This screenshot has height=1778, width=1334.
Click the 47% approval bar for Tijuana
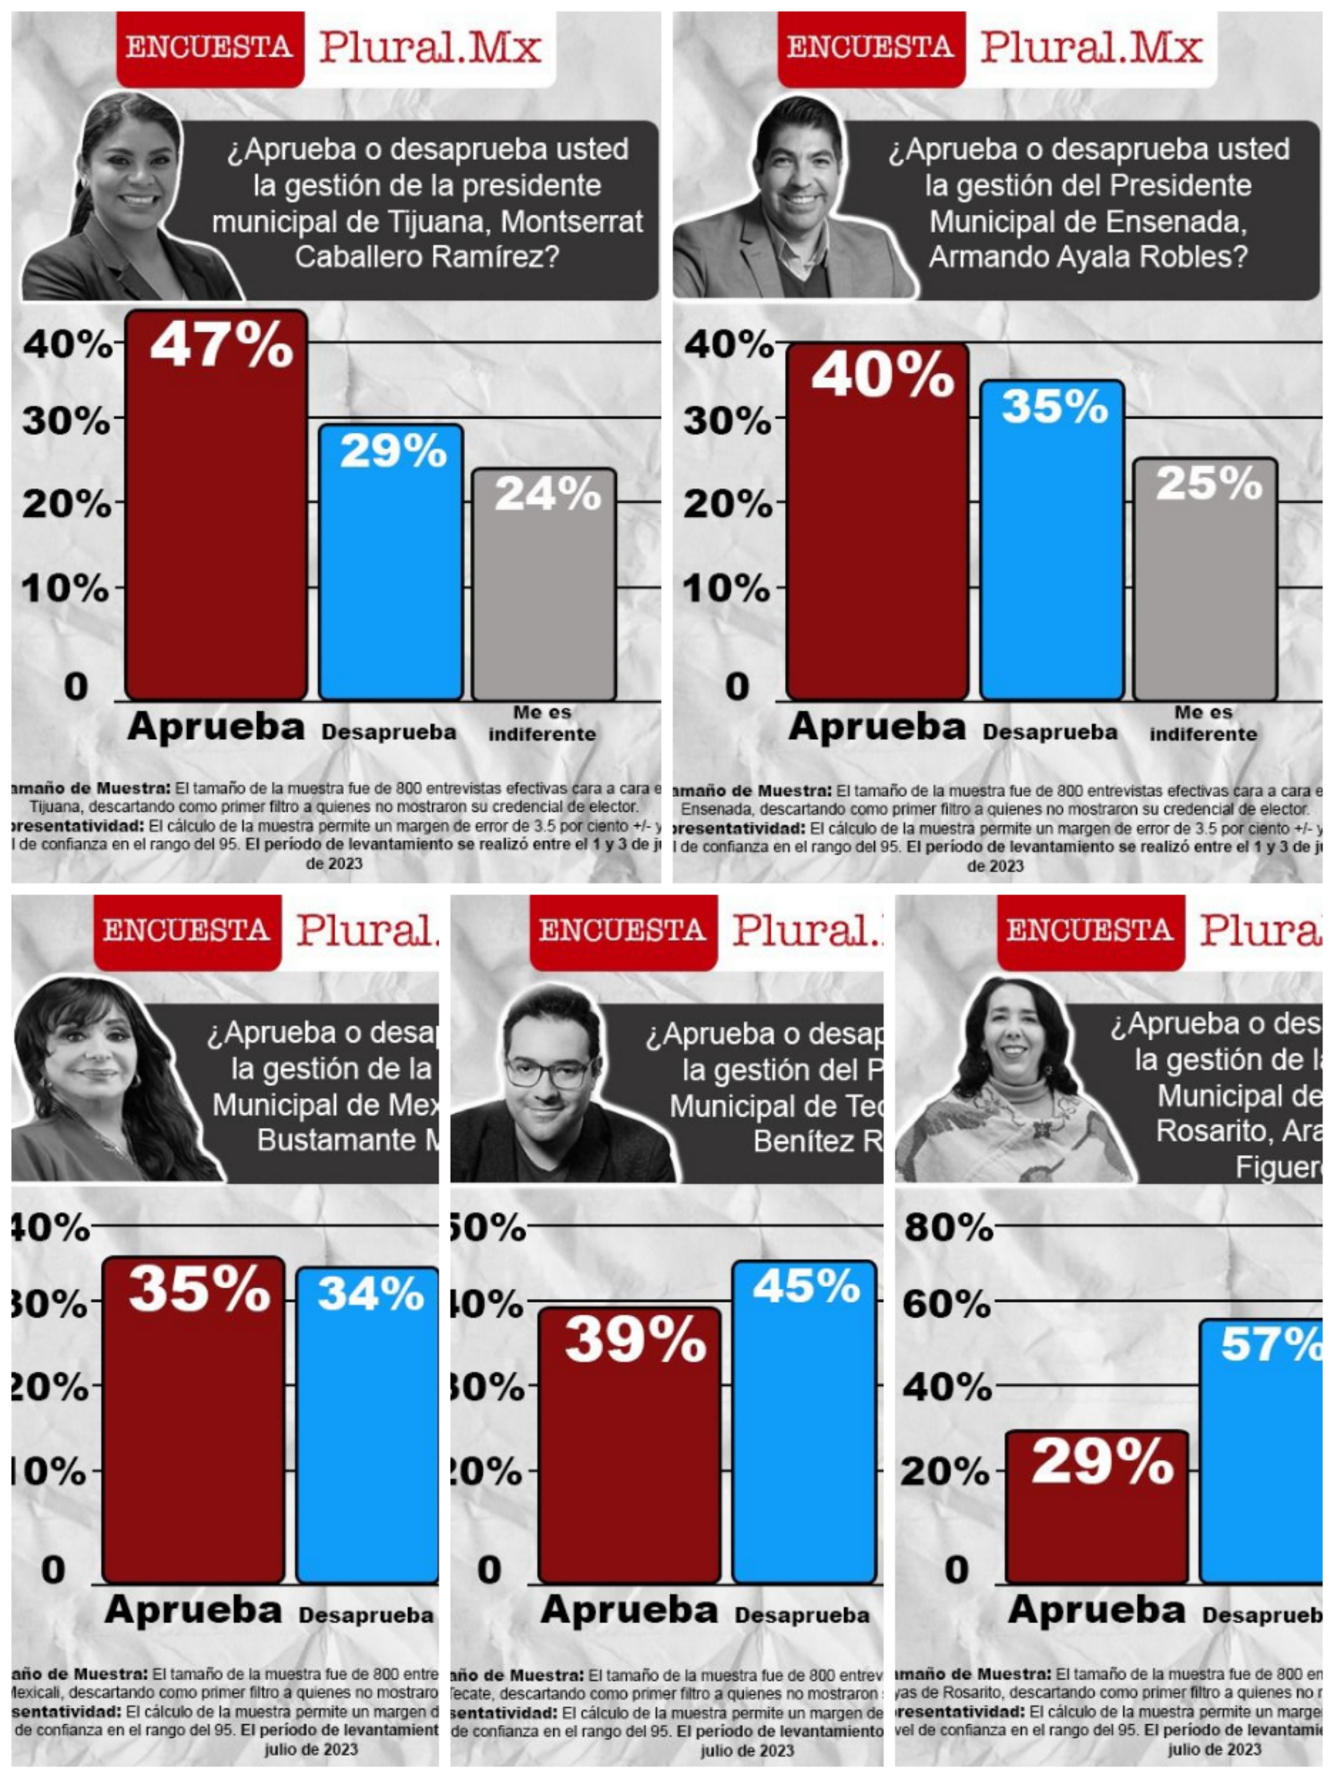[216, 506]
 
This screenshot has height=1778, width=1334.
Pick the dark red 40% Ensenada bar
[876, 522]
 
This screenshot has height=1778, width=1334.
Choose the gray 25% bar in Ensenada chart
[1204, 578]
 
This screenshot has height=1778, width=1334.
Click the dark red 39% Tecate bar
[629, 1447]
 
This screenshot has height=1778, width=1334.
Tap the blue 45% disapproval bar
[804, 1423]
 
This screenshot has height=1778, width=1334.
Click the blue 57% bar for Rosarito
[1261, 1455]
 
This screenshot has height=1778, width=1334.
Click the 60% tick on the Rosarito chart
[946, 1304]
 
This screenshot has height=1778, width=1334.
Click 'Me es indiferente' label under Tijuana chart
[543, 724]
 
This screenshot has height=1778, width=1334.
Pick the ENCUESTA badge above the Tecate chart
[623, 931]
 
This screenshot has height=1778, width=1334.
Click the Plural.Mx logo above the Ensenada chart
[1090, 47]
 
